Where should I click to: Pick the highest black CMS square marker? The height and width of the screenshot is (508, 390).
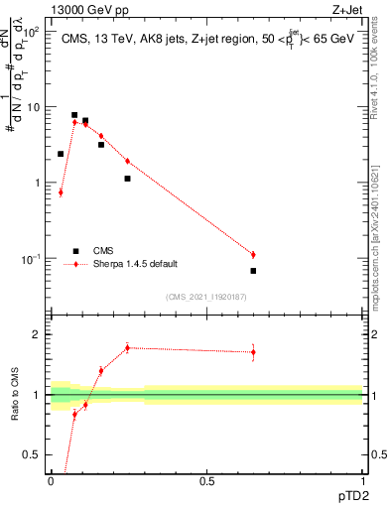tap(74, 115)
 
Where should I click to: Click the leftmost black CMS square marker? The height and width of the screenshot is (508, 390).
tap(61, 154)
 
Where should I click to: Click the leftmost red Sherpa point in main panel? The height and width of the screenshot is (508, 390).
tap(61, 192)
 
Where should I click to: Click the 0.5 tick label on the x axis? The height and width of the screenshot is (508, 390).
tap(206, 481)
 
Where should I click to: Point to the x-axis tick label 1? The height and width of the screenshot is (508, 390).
tap(362, 481)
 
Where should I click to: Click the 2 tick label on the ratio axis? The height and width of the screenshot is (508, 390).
tap(37, 334)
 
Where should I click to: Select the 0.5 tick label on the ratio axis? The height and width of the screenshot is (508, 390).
tap(33, 455)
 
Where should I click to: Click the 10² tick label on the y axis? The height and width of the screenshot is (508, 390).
tap(32, 31)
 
